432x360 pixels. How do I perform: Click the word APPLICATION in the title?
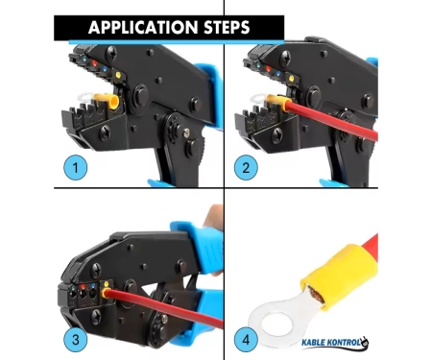143,27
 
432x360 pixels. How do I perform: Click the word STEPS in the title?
227,27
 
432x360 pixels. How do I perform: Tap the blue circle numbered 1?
76,167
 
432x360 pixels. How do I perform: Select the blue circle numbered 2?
246,167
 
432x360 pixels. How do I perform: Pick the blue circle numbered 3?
76,340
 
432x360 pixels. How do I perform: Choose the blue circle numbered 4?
246,340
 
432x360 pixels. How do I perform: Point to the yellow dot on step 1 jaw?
118,75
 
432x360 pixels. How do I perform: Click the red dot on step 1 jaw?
94,63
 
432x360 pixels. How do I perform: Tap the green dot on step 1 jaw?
84,60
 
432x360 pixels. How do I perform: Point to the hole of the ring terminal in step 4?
277,325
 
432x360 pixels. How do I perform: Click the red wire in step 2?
333,120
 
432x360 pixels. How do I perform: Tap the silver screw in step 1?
186,132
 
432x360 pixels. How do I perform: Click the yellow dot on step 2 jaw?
291,79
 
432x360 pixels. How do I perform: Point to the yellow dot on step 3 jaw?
107,284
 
